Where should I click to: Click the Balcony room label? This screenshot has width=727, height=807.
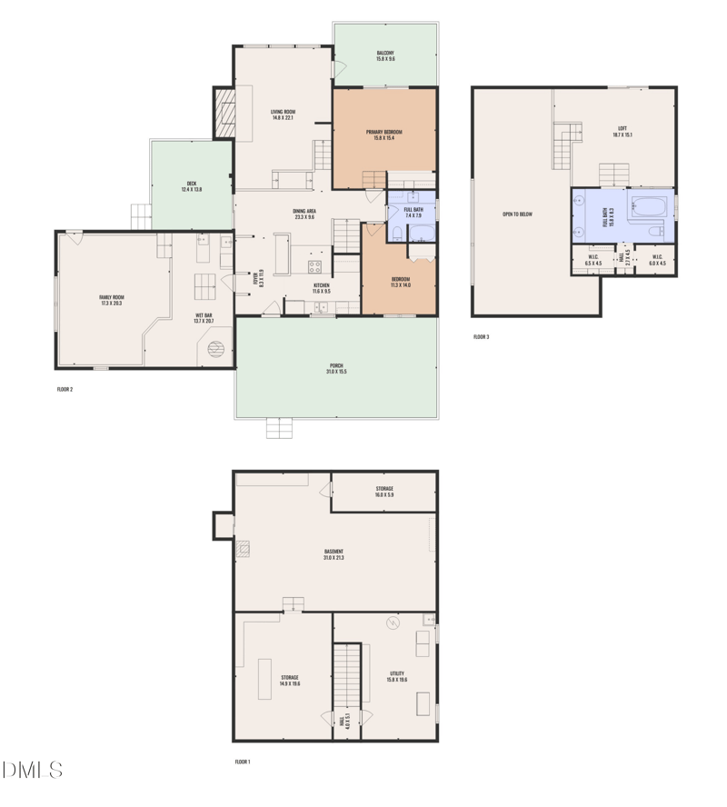[x=385, y=55]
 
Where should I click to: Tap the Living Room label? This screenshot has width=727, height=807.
[x=284, y=115]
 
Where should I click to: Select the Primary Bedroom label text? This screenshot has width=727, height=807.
[x=384, y=134]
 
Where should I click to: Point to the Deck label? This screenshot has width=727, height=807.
[x=192, y=186]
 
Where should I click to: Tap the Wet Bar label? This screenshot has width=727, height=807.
[x=204, y=318]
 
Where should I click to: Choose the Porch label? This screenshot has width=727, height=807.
[x=336, y=369]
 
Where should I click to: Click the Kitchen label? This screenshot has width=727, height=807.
[x=322, y=288]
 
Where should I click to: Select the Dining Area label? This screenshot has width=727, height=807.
[x=304, y=214]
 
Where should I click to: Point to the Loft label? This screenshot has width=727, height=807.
[x=622, y=131]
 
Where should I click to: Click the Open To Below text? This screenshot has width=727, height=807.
[x=517, y=214]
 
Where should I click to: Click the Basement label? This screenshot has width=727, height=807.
[x=334, y=554]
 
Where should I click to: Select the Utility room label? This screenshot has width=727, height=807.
[x=397, y=676]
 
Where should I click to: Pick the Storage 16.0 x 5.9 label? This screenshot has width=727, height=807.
[x=384, y=492]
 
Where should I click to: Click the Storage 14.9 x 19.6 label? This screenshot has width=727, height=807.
[x=290, y=680]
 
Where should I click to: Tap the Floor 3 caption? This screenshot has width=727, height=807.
[x=481, y=337]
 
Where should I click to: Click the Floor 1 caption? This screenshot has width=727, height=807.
[x=242, y=762]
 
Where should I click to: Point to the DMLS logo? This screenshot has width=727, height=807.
[x=33, y=771]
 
